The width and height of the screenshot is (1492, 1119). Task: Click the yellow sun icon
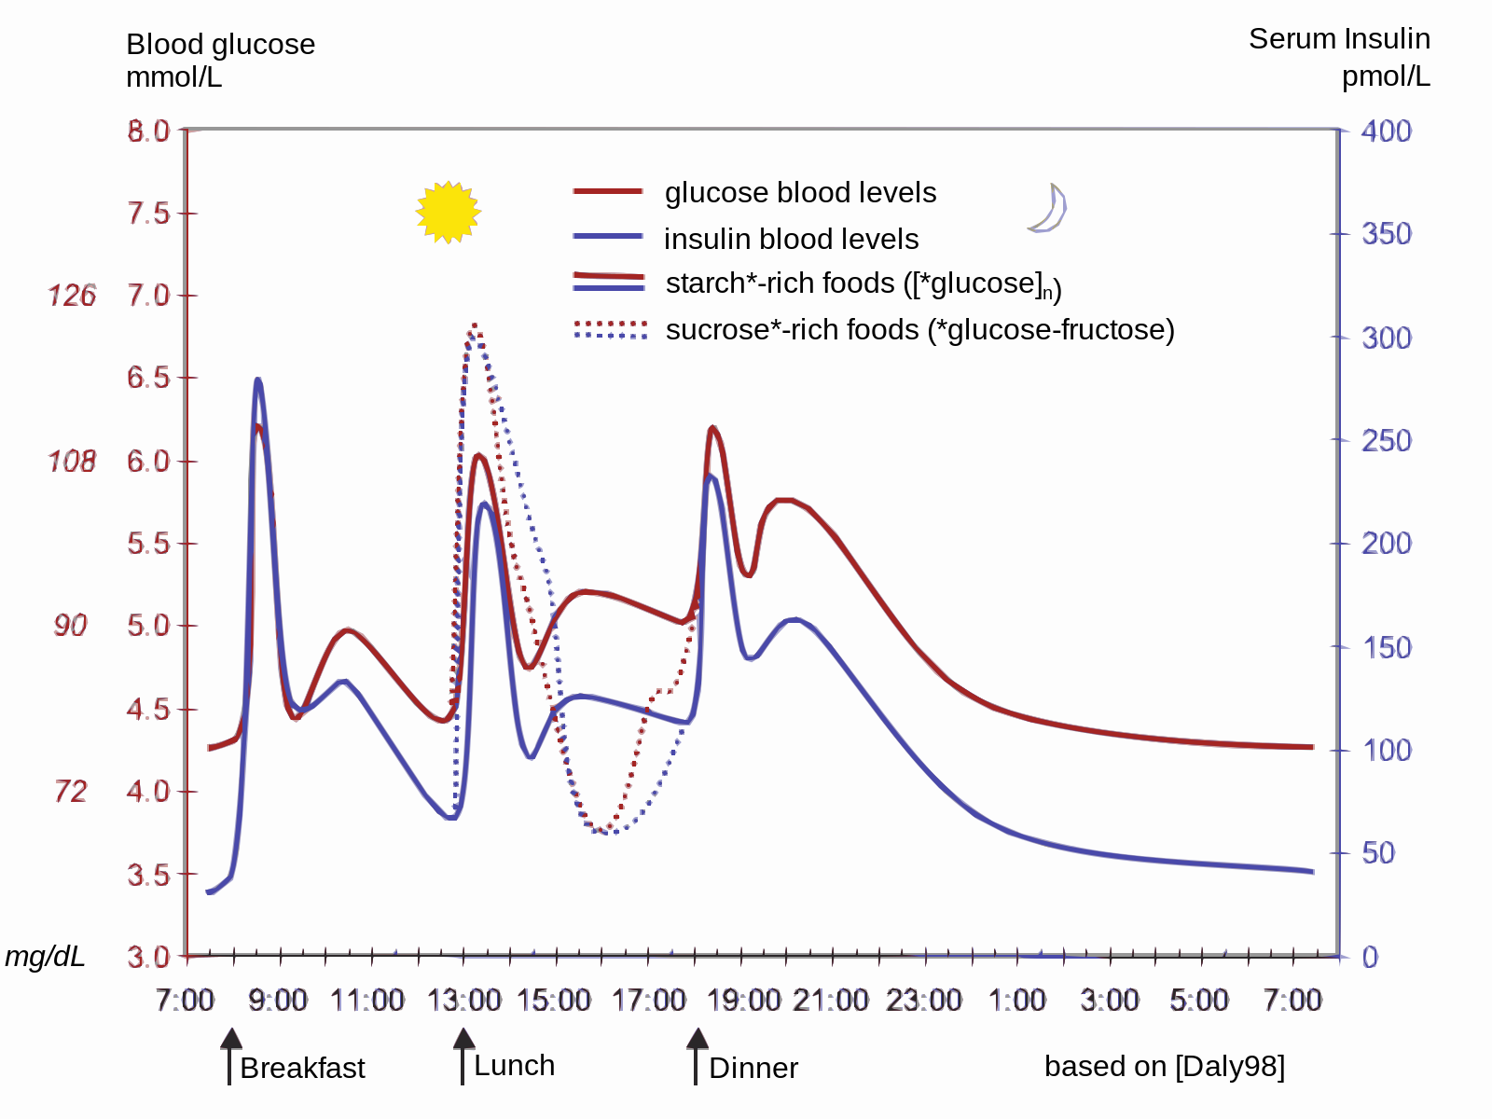[448, 213]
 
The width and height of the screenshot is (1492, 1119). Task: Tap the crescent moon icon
[1049, 208]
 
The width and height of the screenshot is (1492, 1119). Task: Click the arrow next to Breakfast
[230, 1056]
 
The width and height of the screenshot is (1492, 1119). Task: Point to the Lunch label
[514, 1065]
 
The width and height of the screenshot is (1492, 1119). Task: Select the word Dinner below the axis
[753, 1068]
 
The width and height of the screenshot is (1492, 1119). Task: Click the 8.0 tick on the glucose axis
[149, 131]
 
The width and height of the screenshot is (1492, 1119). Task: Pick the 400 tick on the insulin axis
[1386, 131]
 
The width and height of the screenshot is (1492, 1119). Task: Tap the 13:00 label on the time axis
[463, 1001]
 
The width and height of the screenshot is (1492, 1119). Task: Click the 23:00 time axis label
[923, 1001]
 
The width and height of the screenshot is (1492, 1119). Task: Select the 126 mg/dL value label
[72, 296]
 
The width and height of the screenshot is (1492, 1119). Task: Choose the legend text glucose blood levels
[800, 192]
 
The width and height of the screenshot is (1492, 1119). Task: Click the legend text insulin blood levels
[791, 239]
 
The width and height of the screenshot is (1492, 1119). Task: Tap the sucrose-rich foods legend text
[919, 329]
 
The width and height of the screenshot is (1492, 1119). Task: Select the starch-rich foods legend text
[863, 283]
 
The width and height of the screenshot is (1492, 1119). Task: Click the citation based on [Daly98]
[1164, 1066]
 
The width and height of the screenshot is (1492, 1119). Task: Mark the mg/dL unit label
[45, 956]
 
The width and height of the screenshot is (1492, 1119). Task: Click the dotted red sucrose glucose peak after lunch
[475, 325]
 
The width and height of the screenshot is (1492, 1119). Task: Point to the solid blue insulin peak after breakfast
[258, 380]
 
